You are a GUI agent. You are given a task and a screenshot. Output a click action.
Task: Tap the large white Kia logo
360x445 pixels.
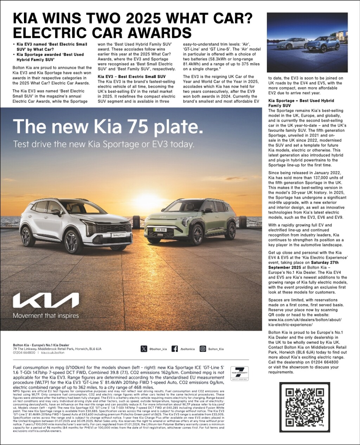tap(46, 301)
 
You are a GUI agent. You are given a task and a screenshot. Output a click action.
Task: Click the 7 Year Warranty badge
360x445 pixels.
tap(239, 373)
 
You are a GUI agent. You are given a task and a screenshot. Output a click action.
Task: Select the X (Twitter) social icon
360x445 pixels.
tap(144, 349)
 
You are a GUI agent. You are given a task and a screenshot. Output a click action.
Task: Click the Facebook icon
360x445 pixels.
tap(174, 349)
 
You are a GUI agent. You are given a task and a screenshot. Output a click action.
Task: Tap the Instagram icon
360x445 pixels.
tap(202, 349)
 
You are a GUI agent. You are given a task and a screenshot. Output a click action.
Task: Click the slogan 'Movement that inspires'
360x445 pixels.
tap(46, 316)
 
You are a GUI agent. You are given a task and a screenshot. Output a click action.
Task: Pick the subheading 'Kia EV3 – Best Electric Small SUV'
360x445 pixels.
tap(131, 76)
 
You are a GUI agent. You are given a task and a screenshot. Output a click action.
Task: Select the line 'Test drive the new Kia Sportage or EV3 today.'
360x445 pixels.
tap(103, 144)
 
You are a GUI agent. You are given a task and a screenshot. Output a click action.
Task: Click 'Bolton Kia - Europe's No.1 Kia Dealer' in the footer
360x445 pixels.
tap(41, 345)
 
